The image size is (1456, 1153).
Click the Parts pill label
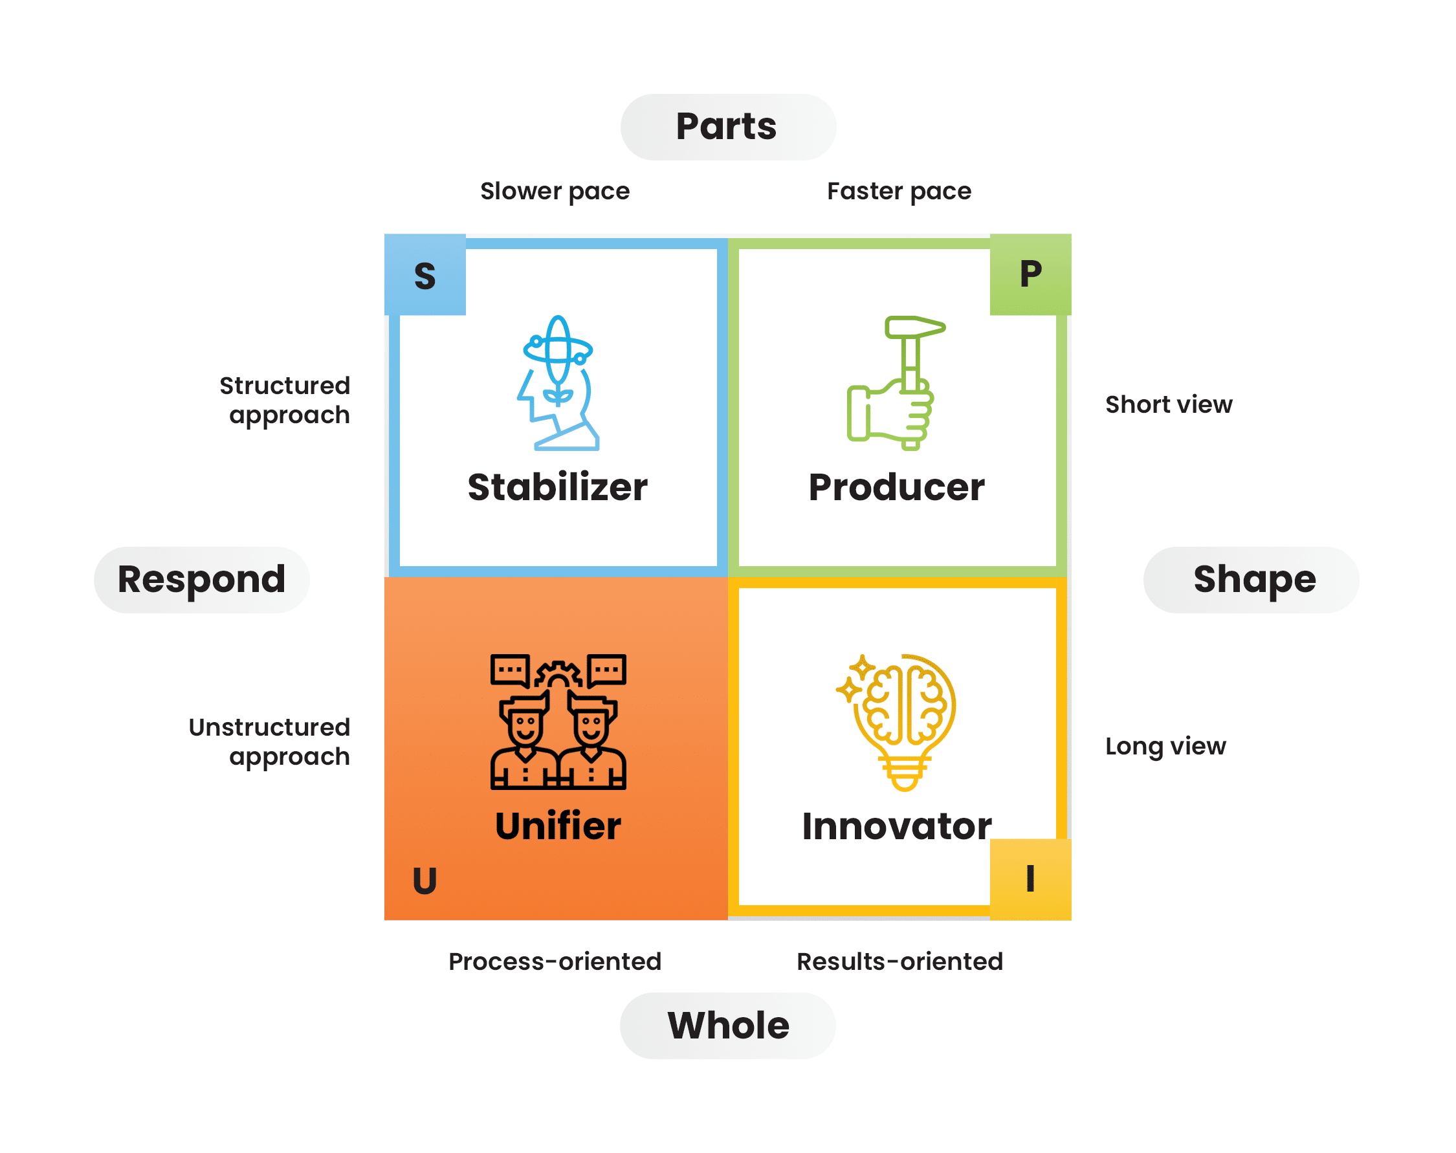click(x=727, y=127)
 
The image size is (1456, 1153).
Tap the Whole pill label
click(x=727, y=1026)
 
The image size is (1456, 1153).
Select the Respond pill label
click(x=202, y=580)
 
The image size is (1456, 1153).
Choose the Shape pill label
click(x=1251, y=580)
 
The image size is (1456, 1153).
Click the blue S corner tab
click(x=425, y=275)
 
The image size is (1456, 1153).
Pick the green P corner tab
click(x=1030, y=275)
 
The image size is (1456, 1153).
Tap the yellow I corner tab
click(x=1030, y=879)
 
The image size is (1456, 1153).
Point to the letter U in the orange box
click(x=425, y=880)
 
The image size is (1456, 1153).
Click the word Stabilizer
click(x=558, y=487)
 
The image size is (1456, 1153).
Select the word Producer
click(x=896, y=487)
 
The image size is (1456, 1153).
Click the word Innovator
click(x=896, y=826)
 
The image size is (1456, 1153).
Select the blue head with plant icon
click(x=558, y=383)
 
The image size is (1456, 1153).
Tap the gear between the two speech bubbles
click(x=558, y=674)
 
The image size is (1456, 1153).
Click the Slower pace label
click(x=555, y=192)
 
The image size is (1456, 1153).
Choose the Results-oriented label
click(x=899, y=961)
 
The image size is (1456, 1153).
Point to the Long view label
click(x=1165, y=747)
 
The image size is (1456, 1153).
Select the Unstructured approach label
click(x=269, y=742)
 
